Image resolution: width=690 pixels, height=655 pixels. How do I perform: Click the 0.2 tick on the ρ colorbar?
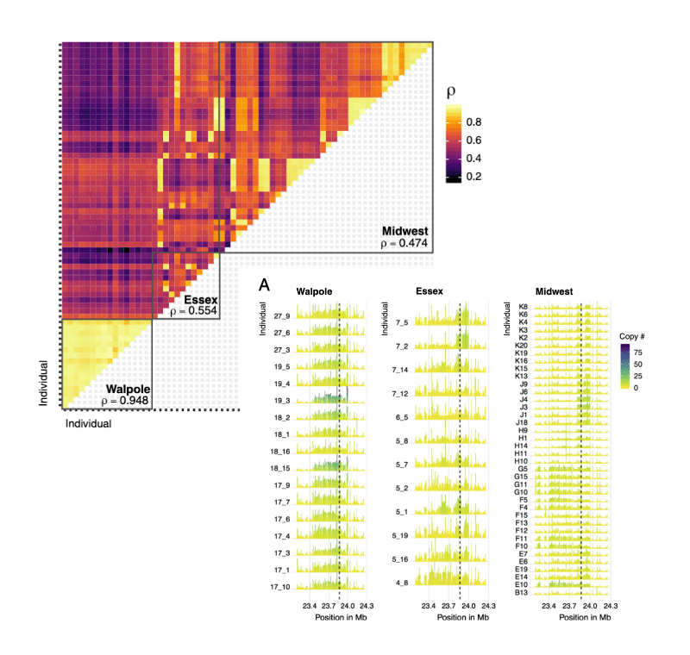point(474,176)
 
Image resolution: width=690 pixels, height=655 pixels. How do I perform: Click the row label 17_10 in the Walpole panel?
point(277,587)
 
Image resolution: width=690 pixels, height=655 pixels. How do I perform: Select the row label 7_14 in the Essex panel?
point(399,370)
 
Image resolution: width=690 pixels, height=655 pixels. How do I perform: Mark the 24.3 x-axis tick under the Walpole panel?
point(366,606)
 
